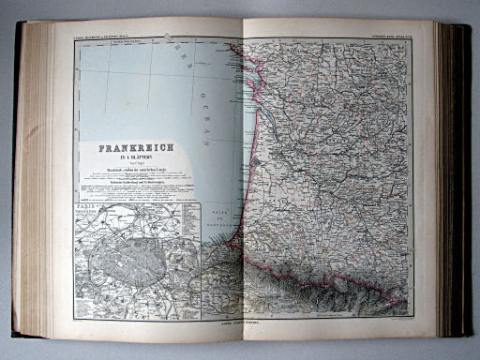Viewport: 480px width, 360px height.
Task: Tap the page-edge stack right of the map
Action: click(448, 178)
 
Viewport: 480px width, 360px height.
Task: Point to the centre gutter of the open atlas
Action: click(243, 178)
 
